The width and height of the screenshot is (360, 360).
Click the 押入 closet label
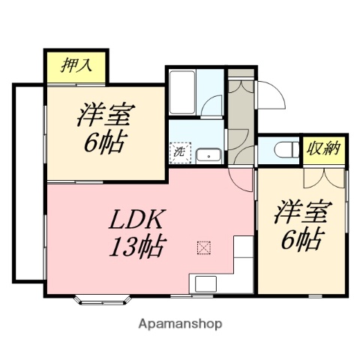click(76, 64)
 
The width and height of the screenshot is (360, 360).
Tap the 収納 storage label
click(323, 148)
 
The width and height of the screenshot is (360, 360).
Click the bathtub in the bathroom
click(183, 91)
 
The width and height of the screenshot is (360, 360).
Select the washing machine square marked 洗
click(180, 151)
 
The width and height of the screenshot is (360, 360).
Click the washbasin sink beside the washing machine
click(208, 155)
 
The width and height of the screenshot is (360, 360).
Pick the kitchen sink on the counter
click(205, 284)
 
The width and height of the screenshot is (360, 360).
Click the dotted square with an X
click(202, 247)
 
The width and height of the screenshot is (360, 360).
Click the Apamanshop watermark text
click(181, 325)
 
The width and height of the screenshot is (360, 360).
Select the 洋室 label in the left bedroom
click(105, 116)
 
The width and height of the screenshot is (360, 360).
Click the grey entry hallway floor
click(240, 120)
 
